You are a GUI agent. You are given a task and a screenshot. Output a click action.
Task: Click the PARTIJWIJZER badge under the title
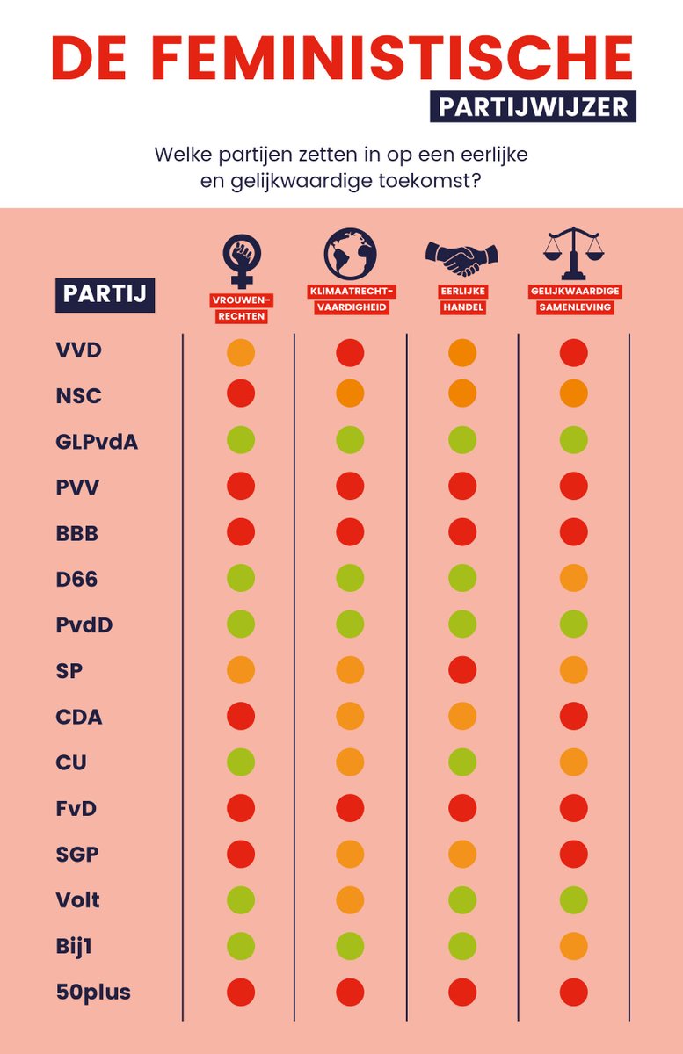pos(534,106)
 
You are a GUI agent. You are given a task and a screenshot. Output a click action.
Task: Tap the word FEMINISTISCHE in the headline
pos(396,58)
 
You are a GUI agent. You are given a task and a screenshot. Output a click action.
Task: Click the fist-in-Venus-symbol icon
pos(240,259)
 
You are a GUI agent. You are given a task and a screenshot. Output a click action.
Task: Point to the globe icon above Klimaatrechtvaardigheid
pos(349,253)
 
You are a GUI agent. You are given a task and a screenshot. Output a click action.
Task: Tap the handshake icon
pos(462,256)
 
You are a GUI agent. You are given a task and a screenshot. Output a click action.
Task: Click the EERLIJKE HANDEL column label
pos(462,301)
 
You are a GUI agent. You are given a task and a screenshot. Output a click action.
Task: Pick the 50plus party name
pos(93,992)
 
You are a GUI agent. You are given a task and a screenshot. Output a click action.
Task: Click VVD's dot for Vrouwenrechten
pos(241,352)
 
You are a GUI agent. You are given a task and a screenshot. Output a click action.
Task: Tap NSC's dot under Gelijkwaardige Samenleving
pos(574,393)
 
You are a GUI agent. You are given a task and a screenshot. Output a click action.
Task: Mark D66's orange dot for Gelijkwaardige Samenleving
pos(574,578)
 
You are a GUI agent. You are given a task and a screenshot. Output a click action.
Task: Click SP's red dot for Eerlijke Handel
pos(462,670)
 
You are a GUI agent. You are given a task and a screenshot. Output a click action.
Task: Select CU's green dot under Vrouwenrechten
pos(241,762)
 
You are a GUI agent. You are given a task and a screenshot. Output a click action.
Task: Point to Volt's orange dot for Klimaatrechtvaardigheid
pos(350,899)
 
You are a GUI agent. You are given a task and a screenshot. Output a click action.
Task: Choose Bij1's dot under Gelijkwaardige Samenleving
pos(574,945)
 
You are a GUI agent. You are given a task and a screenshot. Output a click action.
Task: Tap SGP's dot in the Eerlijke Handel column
pos(462,854)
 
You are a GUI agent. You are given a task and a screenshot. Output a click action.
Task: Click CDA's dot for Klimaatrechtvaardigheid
pos(350,716)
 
